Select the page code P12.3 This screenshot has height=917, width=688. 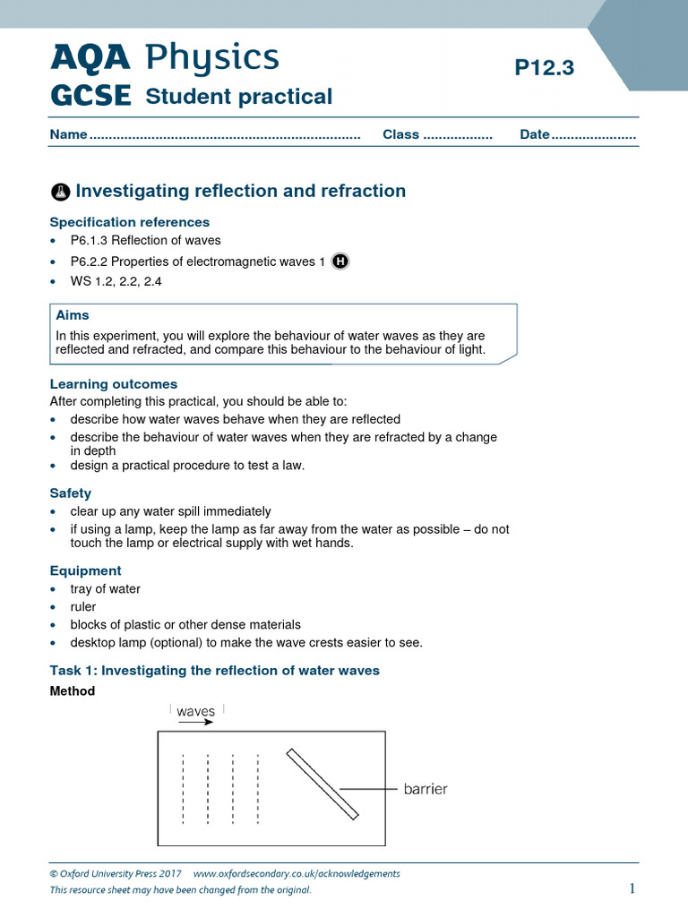tap(544, 68)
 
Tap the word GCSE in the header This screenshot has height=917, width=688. tap(90, 96)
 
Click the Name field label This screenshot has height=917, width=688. tap(68, 134)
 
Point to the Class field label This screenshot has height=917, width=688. tap(400, 134)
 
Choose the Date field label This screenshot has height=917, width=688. tap(534, 134)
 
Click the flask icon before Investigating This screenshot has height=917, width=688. tap(60, 192)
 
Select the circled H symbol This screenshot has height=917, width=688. tap(340, 261)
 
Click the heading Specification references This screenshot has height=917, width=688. tap(130, 222)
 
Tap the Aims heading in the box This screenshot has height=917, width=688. tap(73, 315)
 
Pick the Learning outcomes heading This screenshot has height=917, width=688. tap(114, 384)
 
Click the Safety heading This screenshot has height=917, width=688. tap(71, 493)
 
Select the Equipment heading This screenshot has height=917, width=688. tap(86, 570)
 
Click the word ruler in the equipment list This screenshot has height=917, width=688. tap(83, 607)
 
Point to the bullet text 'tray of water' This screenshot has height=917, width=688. tap(106, 589)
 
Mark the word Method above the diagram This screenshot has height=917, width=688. tap(73, 691)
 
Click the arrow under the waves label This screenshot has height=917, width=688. tap(196, 722)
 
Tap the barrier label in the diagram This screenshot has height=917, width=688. tap(425, 789)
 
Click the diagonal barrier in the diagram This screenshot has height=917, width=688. tap(322, 784)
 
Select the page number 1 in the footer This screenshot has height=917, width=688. tap(632, 888)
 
